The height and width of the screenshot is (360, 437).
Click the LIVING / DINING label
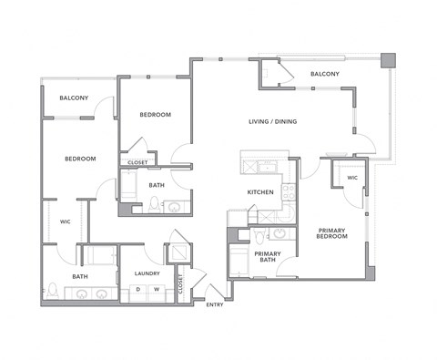pyautogui.click(x=273, y=121)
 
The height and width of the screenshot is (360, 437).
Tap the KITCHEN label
pyautogui.click(x=261, y=193)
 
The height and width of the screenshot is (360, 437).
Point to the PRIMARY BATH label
pyautogui.click(x=267, y=257)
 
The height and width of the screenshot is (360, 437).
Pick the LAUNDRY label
pyautogui.click(x=147, y=273)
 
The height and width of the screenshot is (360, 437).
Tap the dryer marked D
pyautogui.click(x=137, y=291)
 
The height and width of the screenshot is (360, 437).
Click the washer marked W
pyautogui.click(x=156, y=291)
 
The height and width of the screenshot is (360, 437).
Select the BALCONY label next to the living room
pyautogui.click(x=325, y=73)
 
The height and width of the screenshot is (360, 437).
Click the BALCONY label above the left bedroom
pyautogui.click(x=74, y=98)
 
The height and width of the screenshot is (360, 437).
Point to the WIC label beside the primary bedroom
pyautogui.click(x=352, y=178)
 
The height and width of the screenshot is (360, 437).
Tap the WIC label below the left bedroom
pyautogui.click(x=66, y=220)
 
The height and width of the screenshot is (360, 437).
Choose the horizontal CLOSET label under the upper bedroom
pyautogui.click(x=137, y=162)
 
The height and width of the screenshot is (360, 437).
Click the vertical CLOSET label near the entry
pyautogui.click(x=180, y=284)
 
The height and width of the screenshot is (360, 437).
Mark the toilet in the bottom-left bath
pyautogui.click(x=54, y=292)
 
